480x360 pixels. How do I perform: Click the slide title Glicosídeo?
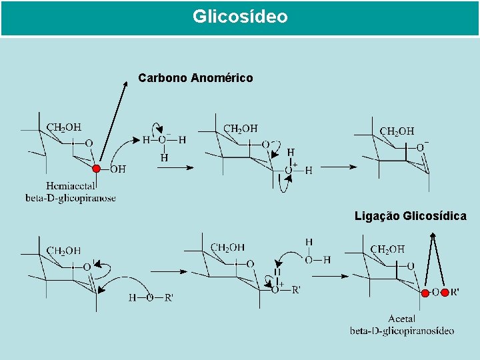tap(240, 17)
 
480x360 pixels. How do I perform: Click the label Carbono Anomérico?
tap(195, 78)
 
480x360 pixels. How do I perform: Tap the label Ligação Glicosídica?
tap(410, 216)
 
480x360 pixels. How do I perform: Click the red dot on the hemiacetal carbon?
tap(97, 169)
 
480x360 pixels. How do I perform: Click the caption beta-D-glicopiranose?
tap(71, 198)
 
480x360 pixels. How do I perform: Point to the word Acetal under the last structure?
tap(401, 319)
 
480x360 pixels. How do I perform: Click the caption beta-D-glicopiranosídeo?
tap(401, 331)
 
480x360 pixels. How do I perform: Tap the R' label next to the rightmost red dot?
tap(455, 292)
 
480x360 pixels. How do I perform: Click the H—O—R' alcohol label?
tap(151, 297)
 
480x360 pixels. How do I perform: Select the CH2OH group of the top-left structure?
tap(63, 127)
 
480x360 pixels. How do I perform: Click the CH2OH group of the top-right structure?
tap(396, 131)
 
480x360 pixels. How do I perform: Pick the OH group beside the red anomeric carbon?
tap(117, 169)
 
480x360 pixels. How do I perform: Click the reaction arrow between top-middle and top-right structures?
tap(339, 167)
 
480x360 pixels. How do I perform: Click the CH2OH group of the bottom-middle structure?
tap(227, 248)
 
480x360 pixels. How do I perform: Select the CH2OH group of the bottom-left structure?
tap(63, 251)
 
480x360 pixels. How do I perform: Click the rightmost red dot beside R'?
tap(445, 292)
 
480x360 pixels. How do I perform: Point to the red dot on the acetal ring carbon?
tap(425, 292)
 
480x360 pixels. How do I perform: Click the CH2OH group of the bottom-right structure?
tap(387, 249)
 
